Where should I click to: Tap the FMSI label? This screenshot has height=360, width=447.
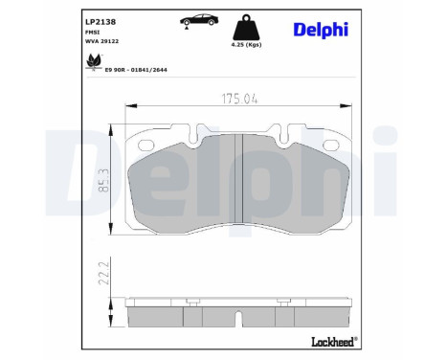pyautogui.click(x=94, y=32)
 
